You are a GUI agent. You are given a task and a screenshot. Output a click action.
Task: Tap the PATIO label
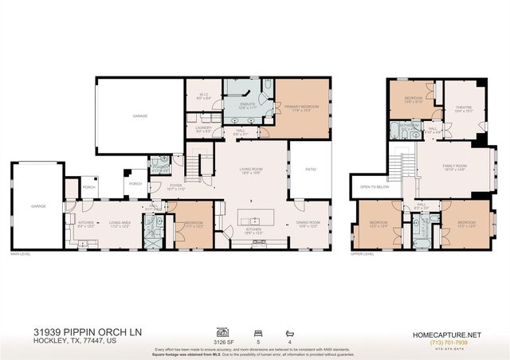click(x=310, y=169)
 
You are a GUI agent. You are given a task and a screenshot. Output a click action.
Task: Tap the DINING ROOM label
click(x=308, y=223)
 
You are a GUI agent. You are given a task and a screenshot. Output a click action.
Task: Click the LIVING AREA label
click(x=120, y=223)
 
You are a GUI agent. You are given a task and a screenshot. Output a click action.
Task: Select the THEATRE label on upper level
click(x=464, y=108)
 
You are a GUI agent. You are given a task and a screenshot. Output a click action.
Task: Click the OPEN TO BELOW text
click(x=374, y=187)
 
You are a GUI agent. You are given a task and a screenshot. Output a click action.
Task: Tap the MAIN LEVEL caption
click(x=21, y=254)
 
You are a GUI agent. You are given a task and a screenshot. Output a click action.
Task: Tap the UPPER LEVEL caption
click(x=363, y=254)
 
